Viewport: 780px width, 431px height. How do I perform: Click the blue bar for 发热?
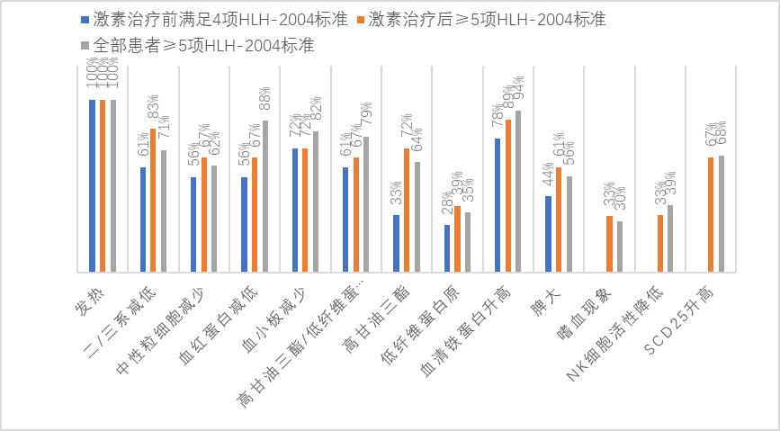[x=93, y=185]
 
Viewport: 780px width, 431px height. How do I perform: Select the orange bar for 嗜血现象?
[x=608, y=244]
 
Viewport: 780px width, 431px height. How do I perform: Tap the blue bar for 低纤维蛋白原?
[x=446, y=248]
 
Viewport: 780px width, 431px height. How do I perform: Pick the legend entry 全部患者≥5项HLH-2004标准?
[x=199, y=44]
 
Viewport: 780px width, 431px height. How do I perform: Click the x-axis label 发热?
[x=83, y=298]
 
